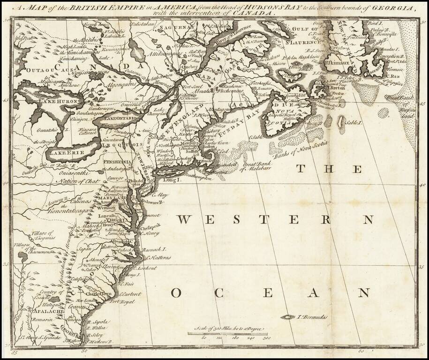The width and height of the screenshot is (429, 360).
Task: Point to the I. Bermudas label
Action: (312, 317)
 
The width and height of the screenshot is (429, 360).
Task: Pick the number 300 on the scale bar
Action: (268, 337)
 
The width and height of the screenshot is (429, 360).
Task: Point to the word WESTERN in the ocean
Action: (277, 219)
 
